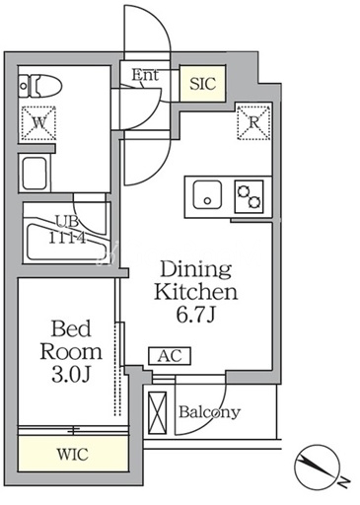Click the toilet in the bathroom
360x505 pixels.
(39, 86)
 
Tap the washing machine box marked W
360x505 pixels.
(38, 123)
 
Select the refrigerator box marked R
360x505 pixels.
(253, 122)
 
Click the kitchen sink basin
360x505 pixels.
(207, 195)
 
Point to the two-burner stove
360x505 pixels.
(249, 196)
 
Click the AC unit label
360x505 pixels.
(170, 356)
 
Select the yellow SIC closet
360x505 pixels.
(202, 84)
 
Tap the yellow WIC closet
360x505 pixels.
(73, 455)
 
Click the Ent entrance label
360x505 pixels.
(145, 75)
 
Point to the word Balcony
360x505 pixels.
(209, 412)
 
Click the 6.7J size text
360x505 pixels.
(195, 315)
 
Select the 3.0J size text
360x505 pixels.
(71, 375)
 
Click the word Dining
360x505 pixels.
(196, 270)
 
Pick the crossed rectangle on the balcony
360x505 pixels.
(158, 413)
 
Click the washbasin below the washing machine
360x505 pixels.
(35, 174)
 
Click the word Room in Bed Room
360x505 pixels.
(71, 351)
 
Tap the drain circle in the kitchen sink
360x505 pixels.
(207, 201)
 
